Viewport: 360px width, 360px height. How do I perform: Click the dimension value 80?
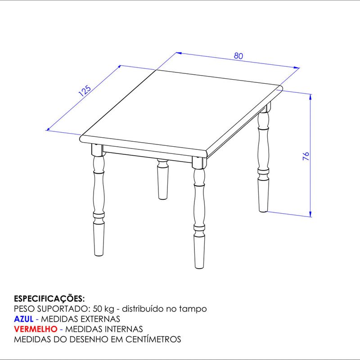pyautogui.click(x=238, y=56)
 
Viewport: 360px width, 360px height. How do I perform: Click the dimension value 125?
pyautogui.click(x=85, y=91)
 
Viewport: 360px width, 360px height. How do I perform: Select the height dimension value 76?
pyautogui.click(x=306, y=156)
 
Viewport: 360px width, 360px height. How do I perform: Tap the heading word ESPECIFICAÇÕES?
pyautogui.click(x=49, y=299)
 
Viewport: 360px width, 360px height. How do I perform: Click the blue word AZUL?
pyautogui.click(x=24, y=319)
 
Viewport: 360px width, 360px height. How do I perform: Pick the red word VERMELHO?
pyautogui.click(x=36, y=329)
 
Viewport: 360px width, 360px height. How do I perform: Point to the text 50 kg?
pyautogui.click(x=103, y=309)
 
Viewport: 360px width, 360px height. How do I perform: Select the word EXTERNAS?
pyautogui.click(x=100, y=319)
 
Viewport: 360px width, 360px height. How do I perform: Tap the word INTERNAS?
pyautogui.click(x=123, y=329)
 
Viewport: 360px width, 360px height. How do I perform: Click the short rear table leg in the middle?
pyautogui.click(x=162, y=179)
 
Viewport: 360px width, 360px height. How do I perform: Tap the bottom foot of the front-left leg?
pyautogui.click(x=99, y=239)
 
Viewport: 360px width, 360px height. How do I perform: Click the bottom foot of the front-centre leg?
pyautogui.click(x=199, y=252)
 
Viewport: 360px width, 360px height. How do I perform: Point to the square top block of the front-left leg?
pyautogui.click(x=97, y=150)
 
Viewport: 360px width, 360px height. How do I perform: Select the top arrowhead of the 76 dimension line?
pyautogui.click(x=310, y=97)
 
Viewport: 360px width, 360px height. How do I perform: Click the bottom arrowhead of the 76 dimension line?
pyautogui.click(x=310, y=214)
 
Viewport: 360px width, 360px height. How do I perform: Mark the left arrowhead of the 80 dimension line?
pyautogui.click(x=179, y=53)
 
